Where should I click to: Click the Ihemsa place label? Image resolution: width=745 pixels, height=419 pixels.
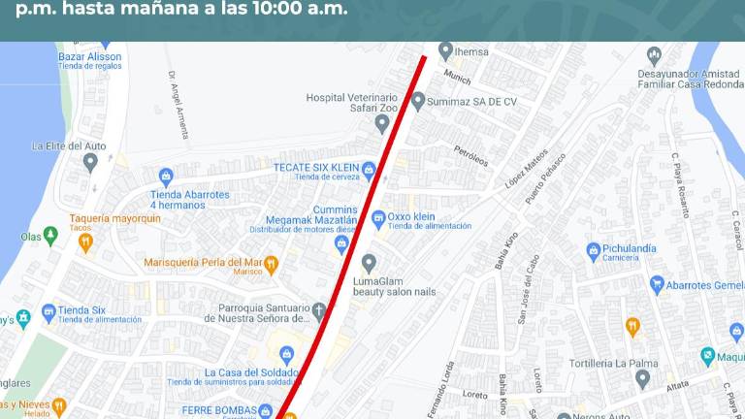tap(472, 50)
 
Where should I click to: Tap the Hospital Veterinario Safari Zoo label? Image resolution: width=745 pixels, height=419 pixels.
tap(351, 104)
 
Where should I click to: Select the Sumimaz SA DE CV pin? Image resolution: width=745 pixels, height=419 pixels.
tap(418, 100)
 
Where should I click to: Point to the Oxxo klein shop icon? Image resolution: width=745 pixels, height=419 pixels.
tap(378, 217)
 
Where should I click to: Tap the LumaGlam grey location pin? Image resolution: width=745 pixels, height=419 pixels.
tap(369, 263)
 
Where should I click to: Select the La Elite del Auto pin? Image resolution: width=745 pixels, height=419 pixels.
tap(90, 162)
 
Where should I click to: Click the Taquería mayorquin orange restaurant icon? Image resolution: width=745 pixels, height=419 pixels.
tap(86, 242)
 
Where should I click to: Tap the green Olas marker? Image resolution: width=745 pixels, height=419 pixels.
tap(50, 236)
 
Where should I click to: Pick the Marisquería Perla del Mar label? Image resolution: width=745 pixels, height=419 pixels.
tap(203, 263)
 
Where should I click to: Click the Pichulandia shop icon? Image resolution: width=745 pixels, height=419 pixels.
tap(594, 251)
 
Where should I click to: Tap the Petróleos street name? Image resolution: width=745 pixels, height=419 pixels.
tap(471, 155)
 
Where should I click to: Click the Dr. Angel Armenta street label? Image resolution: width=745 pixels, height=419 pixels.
tap(178, 105)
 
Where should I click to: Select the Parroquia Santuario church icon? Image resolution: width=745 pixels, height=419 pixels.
tap(319, 311)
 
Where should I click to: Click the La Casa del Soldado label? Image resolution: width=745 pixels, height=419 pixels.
tap(251, 373)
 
